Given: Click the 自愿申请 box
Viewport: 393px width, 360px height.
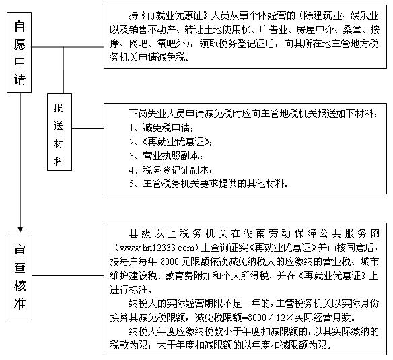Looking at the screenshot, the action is coord(19,52).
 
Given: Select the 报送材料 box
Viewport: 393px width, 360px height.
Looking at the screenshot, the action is coord(59,132).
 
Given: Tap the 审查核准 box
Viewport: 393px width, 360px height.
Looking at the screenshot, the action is coord(20,278).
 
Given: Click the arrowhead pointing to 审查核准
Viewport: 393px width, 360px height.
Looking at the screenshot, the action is coord(20,229).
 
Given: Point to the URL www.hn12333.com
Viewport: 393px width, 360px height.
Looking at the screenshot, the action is coord(157,248).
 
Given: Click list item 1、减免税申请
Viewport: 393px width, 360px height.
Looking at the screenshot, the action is coord(162,128).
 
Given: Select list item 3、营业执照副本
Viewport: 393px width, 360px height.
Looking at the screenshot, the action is coord(166,156).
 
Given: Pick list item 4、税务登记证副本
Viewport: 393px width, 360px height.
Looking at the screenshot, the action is coord(171,170).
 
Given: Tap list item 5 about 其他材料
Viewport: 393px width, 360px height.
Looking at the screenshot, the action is coord(209,184).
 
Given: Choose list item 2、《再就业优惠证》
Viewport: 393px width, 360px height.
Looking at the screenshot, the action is coord(171,142).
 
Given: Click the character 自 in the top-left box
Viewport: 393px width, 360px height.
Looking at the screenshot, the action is coord(20,26).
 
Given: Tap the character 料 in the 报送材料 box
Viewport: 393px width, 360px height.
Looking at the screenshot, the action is coord(58,161).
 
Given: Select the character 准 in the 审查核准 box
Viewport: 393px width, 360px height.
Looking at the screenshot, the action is coord(20,303).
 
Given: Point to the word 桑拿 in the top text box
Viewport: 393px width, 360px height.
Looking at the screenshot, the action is coord(352,30).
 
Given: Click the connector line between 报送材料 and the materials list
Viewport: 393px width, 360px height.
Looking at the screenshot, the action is coord(88,128).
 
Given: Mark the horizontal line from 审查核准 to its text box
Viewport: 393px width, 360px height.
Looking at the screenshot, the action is coord(68,275).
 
